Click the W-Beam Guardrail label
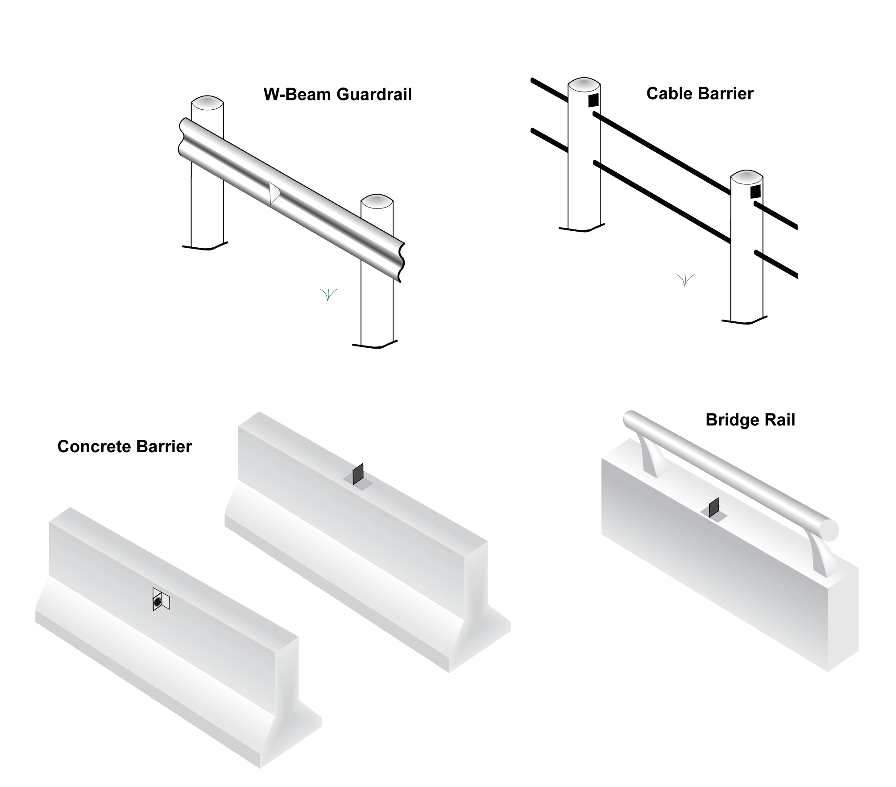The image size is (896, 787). [x=337, y=95]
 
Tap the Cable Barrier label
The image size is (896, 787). [x=699, y=94]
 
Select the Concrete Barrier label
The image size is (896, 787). [x=124, y=446]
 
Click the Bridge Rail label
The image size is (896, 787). [x=750, y=420]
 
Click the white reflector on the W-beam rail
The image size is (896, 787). [x=274, y=193]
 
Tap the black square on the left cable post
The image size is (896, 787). [x=593, y=100]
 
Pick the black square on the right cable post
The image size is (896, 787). [x=755, y=192]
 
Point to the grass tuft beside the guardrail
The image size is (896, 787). [x=329, y=294]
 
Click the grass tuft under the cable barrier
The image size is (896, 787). [x=685, y=280]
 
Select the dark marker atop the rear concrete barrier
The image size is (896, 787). [x=358, y=475]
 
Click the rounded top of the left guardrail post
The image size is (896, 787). [x=207, y=102]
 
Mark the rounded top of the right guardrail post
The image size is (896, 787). [x=377, y=202]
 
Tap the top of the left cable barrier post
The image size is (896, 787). [x=584, y=84]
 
